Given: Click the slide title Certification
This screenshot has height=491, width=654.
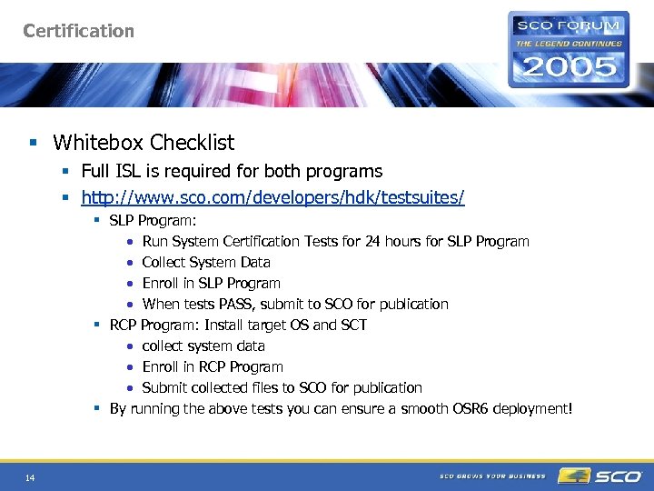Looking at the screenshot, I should (79, 31).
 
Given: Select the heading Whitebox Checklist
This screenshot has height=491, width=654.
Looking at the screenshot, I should (144, 143).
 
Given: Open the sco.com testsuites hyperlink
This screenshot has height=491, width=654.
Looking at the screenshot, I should (272, 197).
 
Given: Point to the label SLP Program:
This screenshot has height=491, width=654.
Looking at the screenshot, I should (153, 221).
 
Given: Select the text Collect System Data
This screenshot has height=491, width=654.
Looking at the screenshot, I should (206, 263).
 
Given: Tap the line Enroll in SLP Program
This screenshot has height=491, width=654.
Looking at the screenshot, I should (211, 284).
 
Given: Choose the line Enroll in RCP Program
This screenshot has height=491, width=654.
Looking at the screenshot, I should (213, 367).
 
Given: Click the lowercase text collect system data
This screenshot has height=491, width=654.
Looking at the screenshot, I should (203, 346).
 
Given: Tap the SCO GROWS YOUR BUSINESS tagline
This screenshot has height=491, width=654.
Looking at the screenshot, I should (492, 476).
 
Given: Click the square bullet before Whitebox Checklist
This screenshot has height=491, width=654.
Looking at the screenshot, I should (34, 143).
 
